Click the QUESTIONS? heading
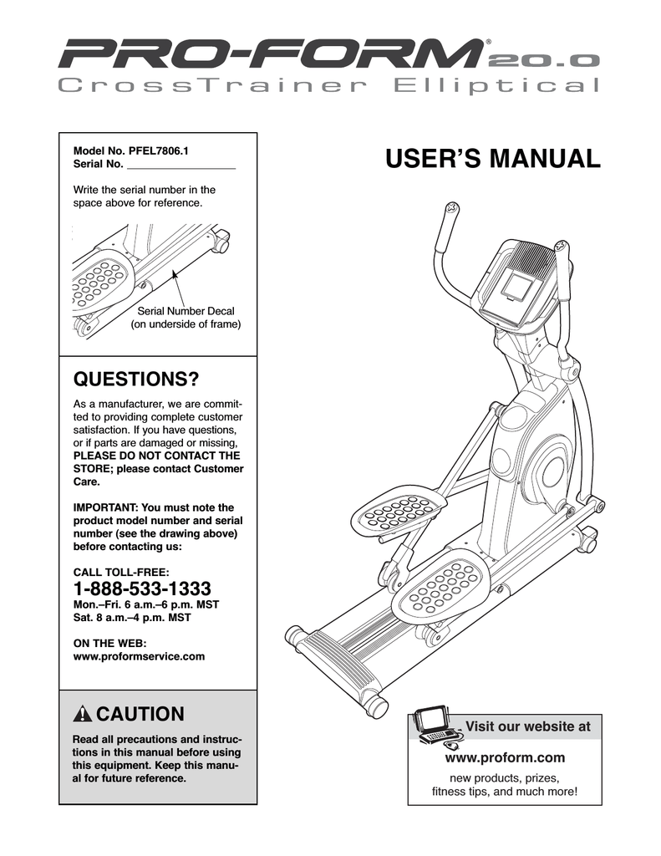[136, 380]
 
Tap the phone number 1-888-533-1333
[142, 588]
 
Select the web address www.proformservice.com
[140, 657]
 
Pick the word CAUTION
[140, 715]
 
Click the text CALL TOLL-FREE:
[122, 572]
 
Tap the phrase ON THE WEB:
[110, 643]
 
